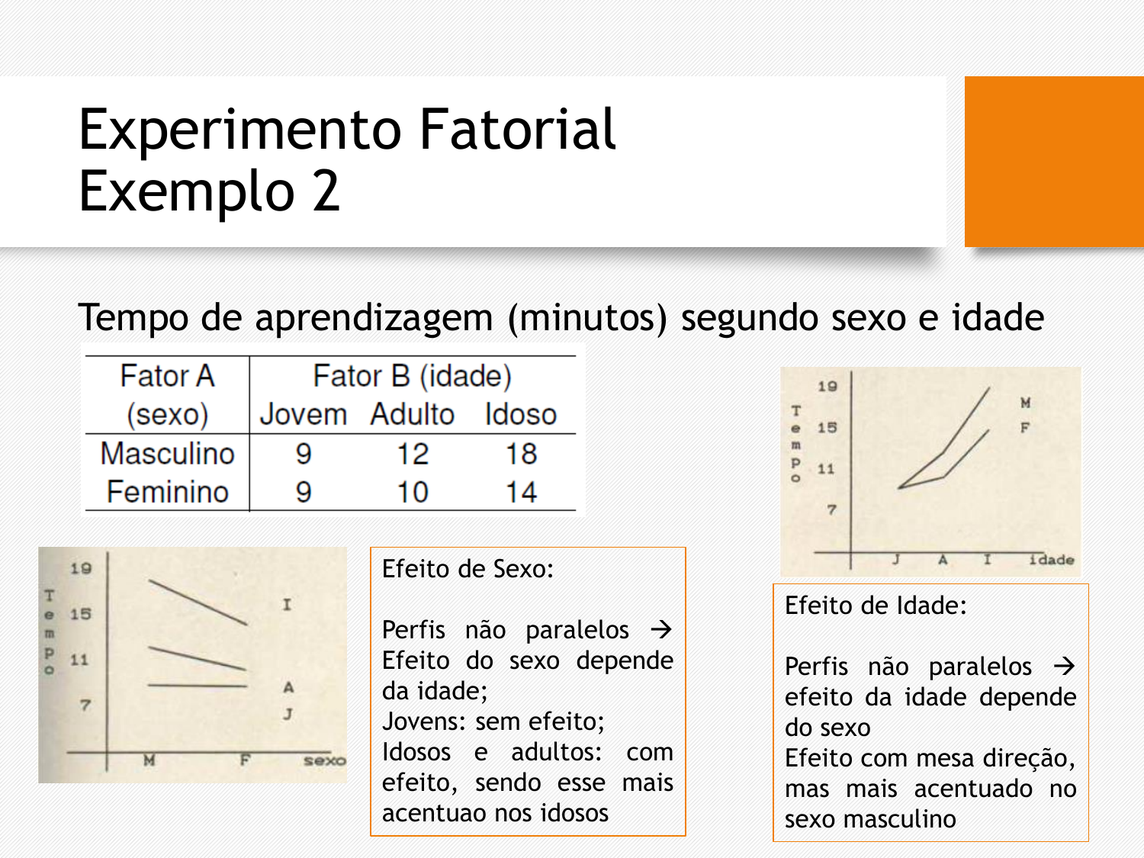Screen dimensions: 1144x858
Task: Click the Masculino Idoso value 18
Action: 521,454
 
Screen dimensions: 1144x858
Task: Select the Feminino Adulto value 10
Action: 413,492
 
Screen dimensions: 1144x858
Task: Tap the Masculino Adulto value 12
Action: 413,454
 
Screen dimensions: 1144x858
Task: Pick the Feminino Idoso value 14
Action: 521,492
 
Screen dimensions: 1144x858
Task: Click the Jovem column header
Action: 304,415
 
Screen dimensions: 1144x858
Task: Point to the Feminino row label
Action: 167,492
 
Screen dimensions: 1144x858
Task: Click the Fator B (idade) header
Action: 413,376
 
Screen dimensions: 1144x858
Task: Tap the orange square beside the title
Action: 1054,162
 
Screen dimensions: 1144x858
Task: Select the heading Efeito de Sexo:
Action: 468,569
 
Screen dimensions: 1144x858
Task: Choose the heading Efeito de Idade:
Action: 876,606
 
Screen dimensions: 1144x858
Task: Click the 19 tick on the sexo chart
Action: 81,568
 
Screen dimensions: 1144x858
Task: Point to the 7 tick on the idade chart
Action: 832,509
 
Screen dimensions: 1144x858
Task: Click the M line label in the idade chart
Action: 1025,403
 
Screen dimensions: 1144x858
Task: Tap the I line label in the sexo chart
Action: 287,605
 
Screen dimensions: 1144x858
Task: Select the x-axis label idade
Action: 1051,560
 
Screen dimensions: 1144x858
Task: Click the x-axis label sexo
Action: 325,760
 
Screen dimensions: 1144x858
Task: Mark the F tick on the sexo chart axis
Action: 245,760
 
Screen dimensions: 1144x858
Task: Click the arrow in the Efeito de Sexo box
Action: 661,630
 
